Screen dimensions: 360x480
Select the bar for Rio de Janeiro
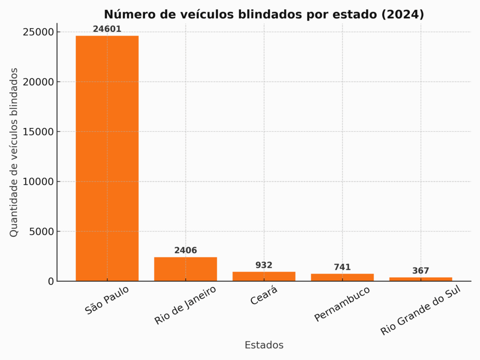(185, 269)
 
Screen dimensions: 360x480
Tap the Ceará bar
(263, 276)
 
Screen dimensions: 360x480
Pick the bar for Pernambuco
(342, 277)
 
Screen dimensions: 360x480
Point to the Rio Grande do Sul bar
(420, 279)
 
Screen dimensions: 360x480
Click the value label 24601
(107, 29)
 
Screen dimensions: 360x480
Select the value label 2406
(185, 250)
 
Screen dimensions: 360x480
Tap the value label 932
(263, 265)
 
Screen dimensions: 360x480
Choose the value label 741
(342, 267)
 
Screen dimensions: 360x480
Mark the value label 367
(420, 271)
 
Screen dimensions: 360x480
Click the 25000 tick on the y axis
(37, 32)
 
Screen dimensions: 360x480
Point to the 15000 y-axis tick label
(37, 132)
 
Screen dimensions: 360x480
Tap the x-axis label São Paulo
(107, 300)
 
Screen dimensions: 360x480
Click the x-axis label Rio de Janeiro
(186, 305)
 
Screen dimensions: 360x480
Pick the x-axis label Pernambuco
(342, 304)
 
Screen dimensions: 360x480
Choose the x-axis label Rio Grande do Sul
(421, 310)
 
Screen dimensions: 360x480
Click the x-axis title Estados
(264, 345)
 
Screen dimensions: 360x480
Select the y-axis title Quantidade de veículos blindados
(14, 152)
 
